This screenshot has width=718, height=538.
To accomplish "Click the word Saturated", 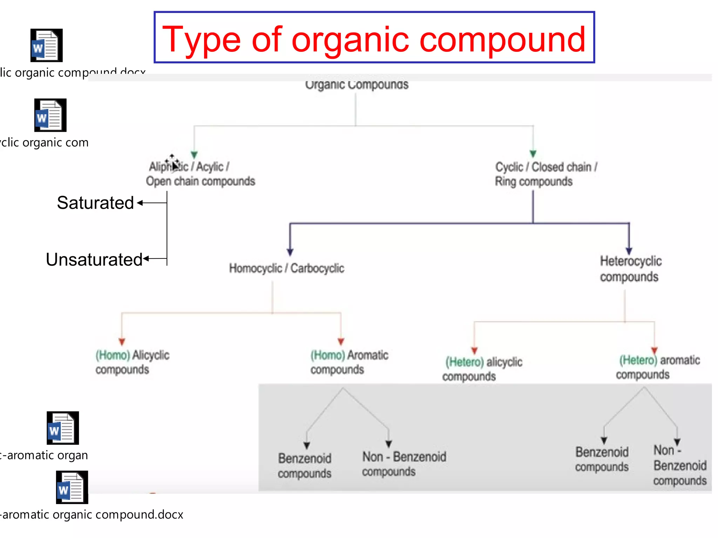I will coord(95,203).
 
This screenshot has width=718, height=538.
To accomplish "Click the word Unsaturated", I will coord(94,260).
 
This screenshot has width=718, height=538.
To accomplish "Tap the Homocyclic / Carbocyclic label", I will coord(286,268).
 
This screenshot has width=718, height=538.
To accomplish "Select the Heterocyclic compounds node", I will coord(630,269).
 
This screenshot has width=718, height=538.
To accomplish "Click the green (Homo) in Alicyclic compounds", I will coord(113,355).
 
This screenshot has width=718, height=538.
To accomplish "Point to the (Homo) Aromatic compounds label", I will coord(349,362).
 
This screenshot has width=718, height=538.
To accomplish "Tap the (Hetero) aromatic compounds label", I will coord(658,367).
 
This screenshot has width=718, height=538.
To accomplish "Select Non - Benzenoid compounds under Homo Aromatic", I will coord(404,464).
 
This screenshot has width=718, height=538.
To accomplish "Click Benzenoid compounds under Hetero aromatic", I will coord(602,459).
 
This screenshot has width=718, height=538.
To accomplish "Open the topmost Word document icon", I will coord(47,46).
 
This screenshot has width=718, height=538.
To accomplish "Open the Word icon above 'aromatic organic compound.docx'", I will coord(72,487).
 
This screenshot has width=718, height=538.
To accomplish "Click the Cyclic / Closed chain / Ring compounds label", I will coord(546,174).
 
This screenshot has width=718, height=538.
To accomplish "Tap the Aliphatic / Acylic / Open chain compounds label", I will coord(200,174).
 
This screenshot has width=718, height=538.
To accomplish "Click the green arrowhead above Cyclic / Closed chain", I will coord(533,154).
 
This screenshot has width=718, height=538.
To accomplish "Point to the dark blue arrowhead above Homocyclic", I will coord(290,252).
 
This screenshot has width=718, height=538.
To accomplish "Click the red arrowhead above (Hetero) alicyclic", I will coord(474,351).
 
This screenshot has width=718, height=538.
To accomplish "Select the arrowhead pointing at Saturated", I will coord(140,203).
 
